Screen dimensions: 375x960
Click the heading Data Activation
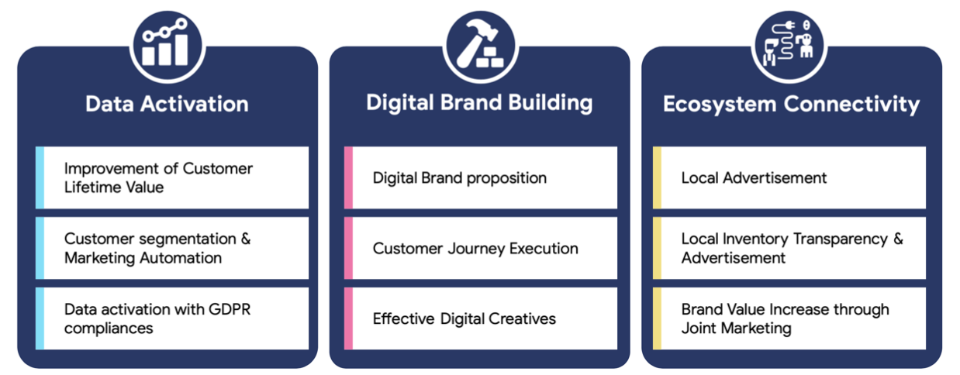[x=167, y=103]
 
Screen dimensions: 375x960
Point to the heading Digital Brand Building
[x=479, y=103]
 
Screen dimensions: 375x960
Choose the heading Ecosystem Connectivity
[x=791, y=104]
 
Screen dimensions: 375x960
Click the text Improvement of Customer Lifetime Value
[x=158, y=177]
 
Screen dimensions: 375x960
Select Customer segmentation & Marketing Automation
[x=157, y=248]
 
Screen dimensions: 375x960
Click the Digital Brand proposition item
[x=459, y=177]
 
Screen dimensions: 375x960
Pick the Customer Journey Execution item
[x=475, y=249]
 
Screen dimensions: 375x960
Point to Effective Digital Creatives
[x=464, y=318]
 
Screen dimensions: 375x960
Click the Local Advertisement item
[x=754, y=177]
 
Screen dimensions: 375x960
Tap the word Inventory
[x=756, y=239]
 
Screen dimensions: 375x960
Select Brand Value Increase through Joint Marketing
[x=785, y=318]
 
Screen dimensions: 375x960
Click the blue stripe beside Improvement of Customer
[x=40, y=177]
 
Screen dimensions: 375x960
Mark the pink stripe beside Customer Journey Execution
[x=348, y=248]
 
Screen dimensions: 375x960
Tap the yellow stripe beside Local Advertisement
[x=657, y=177]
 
